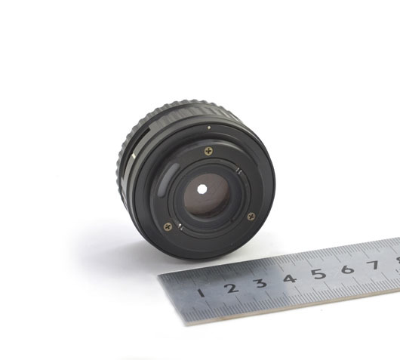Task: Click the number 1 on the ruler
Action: click(202, 293)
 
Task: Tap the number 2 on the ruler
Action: click(231, 288)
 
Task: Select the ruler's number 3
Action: click(260, 283)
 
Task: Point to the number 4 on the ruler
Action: click(290, 278)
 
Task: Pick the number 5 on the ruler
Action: click(319, 274)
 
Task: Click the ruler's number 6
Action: click(348, 269)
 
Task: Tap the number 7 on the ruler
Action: click(374, 265)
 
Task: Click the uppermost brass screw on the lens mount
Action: click(209, 151)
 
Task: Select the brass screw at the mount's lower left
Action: click(168, 226)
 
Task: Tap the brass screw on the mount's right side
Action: click(251, 217)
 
